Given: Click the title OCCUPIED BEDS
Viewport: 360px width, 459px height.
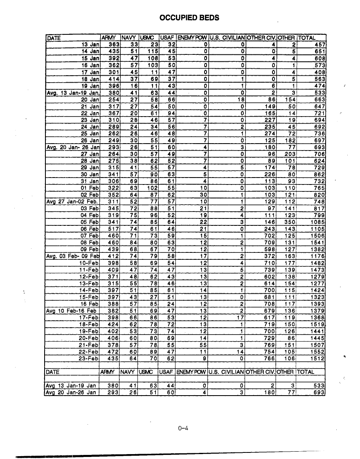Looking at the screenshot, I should [x=189, y=18].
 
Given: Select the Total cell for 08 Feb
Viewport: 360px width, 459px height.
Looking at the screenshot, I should [x=317, y=242].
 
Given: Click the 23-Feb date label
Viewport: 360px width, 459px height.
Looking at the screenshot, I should [x=89, y=358].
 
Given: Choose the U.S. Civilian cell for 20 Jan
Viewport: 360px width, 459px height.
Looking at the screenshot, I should [x=240, y=99].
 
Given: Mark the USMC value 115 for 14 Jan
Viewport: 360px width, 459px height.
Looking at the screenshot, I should [x=153, y=51].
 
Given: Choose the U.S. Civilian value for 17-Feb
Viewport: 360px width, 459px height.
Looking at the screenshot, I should [x=240, y=317].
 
